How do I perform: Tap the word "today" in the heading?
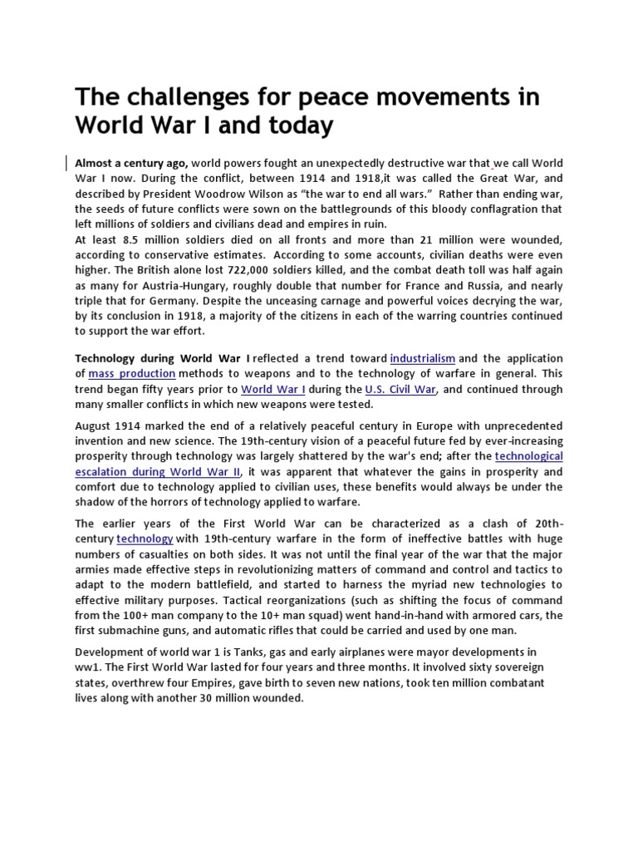pyautogui.click(x=299, y=125)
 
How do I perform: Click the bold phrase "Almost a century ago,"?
pyautogui.click(x=131, y=163)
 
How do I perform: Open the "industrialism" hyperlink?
pyautogui.click(x=422, y=358)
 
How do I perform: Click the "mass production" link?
pyautogui.click(x=131, y=374)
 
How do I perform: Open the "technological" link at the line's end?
pyautogui.click(x=528, y=456)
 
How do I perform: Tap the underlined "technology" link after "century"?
pyautogui.click(x=145, y=539)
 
